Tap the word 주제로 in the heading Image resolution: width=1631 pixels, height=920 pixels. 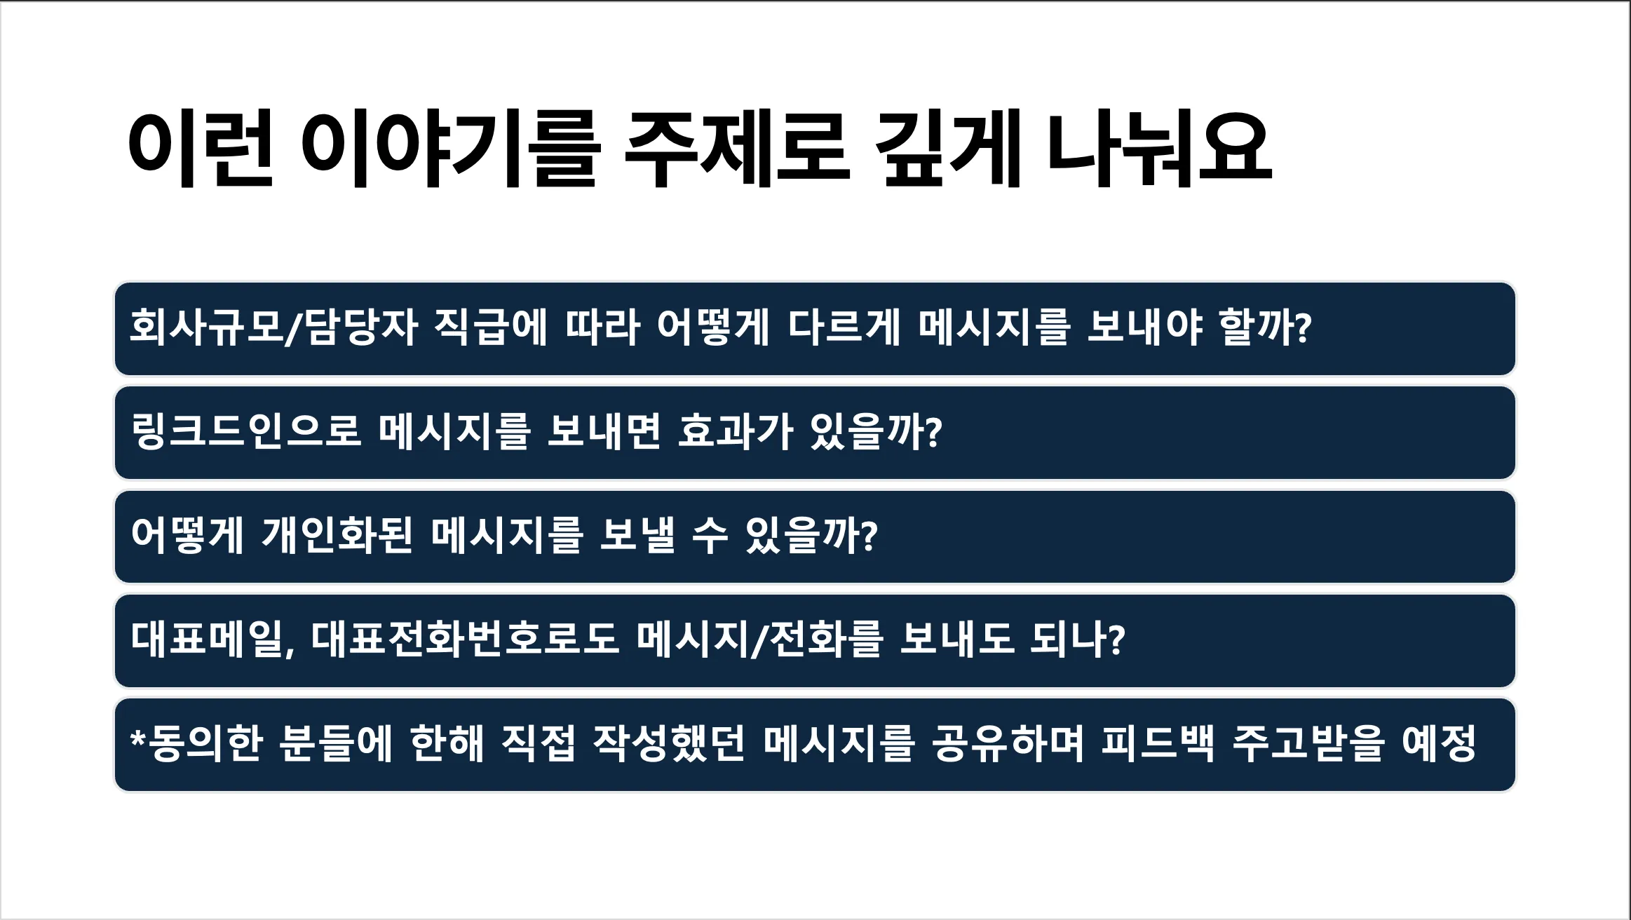tap(737, 149)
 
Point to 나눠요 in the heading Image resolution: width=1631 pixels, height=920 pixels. tap(1159, 149)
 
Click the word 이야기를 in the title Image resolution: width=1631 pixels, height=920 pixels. tap(449, 149)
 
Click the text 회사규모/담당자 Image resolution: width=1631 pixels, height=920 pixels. tap(274, 327)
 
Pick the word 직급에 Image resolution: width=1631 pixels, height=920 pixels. tap(490, 327)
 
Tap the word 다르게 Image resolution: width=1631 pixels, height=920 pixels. tap(844, 327)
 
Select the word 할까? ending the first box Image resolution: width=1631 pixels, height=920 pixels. tap(1266, 327)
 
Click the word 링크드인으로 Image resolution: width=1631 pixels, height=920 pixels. tap(245, 431)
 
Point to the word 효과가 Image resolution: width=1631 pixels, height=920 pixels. tap(736, 431)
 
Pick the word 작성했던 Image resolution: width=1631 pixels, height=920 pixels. tap(669, 743)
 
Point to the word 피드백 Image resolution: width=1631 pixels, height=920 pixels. tap(1157, 743)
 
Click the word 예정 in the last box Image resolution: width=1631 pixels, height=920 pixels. tap(1440, 743)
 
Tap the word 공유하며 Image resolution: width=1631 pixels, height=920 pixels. tap(1008, 743)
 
